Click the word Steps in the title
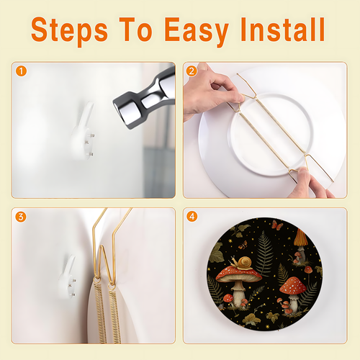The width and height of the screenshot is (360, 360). (x=69, y=30)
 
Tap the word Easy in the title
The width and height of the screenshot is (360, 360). (x=197, y=30)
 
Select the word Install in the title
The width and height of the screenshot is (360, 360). (x=283, y=30)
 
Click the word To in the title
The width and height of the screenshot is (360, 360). (x=136, y=30)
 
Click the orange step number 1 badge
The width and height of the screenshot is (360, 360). (x=21, y=71)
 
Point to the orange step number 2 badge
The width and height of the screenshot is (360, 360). (x=192, y=71)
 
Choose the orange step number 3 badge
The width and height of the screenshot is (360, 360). (x=21, y=217)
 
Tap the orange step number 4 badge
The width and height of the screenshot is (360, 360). (x=192, y=217)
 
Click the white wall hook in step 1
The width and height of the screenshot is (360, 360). (x=82, y=132)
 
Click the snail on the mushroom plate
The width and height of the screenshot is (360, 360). (x=242, y=262)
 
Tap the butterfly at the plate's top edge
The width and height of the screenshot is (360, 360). (x=277, y=225)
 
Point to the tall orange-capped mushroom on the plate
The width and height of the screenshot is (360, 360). (x=300, y=245)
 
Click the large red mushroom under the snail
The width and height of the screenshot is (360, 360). (x=239, y=283)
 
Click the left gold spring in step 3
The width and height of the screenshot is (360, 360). (x=100, y=312)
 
